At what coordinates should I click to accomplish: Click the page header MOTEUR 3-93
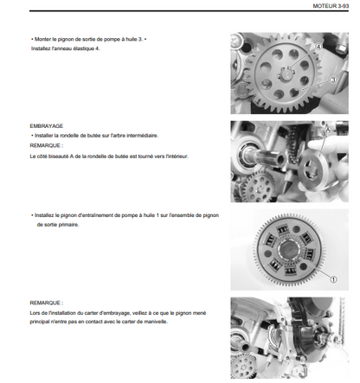point(331,6)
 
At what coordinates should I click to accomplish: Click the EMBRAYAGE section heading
point(46,126)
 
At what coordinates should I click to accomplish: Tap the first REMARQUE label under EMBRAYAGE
point(46,145)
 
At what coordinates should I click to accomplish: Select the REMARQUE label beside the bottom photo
point(46,303)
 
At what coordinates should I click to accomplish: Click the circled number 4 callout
point(318,47)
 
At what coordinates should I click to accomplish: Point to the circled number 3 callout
point(333,80)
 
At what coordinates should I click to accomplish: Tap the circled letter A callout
point(328,130)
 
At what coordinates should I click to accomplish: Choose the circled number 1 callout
point(333,279)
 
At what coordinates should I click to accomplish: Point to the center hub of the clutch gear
point(288,250)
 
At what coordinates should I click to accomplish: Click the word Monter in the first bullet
point(42,39)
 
